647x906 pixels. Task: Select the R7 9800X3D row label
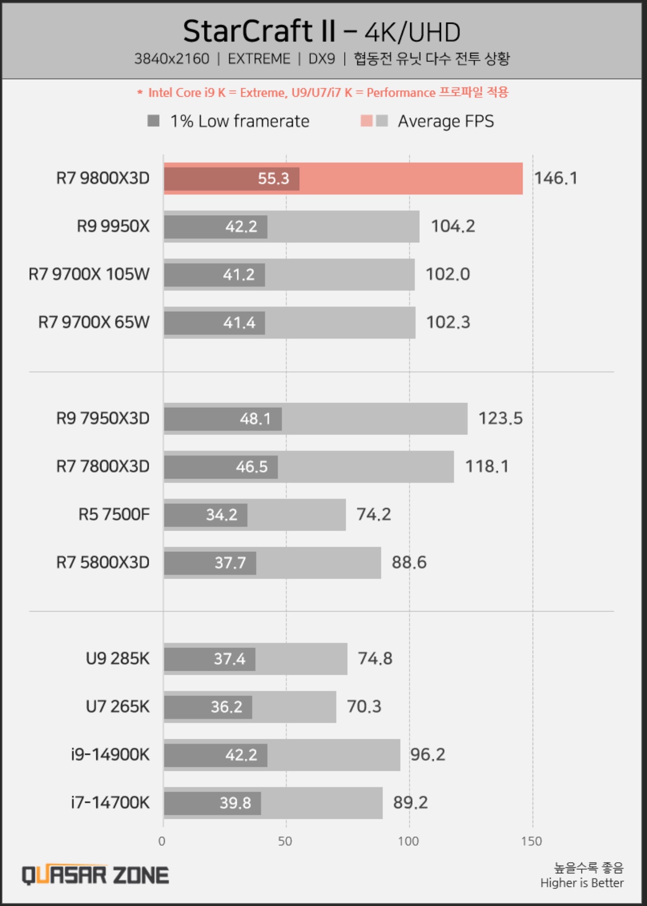click(x=103, y=178)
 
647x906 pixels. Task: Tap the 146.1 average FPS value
click(x=555, y=178)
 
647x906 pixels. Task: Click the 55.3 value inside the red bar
click(x=273, y=178)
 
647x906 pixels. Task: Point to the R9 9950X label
click(x=113, y=226)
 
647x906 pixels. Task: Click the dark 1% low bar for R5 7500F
click(x=205, y=515)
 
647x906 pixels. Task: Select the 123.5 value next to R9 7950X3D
click(x=500, y=418)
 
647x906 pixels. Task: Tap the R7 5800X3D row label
click(x=103, y=562)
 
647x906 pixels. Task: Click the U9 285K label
click(x=117, y=659)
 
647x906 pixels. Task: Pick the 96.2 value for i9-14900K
click(x=427, y=755)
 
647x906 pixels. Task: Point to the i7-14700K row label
click(x=110, y=803)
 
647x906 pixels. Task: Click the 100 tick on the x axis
click(x=408, y=841)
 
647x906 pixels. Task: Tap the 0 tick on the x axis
click(x=162, y=841)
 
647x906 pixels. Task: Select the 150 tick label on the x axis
click(x=531, y=841)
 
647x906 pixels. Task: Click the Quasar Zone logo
click(x=95, y=875)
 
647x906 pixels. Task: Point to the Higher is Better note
click(x=581, y=883)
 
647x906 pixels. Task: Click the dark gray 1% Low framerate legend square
click(x=153, y=121)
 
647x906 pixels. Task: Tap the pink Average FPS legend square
click(x=366, y=121)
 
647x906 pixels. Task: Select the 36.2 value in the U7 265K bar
click(x=226, y=707)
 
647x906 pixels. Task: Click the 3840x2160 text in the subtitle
click(x=171, y=59)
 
